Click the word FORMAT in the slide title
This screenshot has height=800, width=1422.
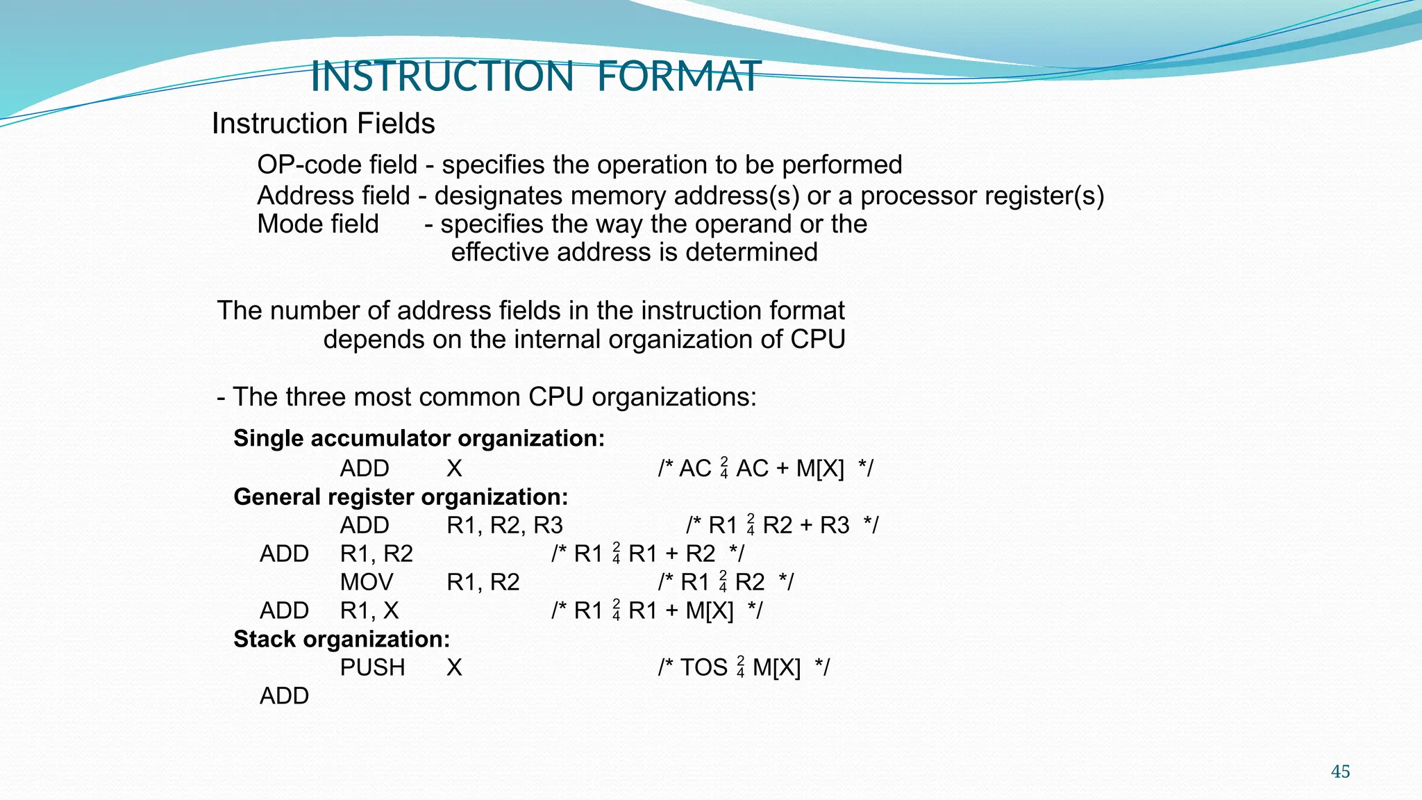(678, 76)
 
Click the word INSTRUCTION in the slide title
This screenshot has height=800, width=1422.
(442, 76)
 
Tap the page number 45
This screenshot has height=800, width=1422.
(1340, 772)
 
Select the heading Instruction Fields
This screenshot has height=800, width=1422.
(323, 124)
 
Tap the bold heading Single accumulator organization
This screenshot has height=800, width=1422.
(419, 439)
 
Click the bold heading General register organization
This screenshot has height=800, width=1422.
(401, 497)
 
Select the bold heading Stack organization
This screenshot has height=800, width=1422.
(342, 640)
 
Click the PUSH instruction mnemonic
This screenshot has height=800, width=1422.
(372, 667)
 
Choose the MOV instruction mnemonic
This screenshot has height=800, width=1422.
(367, 582)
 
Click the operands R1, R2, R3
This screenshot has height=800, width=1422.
(505, 526)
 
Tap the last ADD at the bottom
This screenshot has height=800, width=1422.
(284, 696)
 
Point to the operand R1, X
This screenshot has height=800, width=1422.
(369, 610)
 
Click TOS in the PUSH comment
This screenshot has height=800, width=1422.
(703, 667)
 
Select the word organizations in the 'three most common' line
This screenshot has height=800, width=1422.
(674, 397)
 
